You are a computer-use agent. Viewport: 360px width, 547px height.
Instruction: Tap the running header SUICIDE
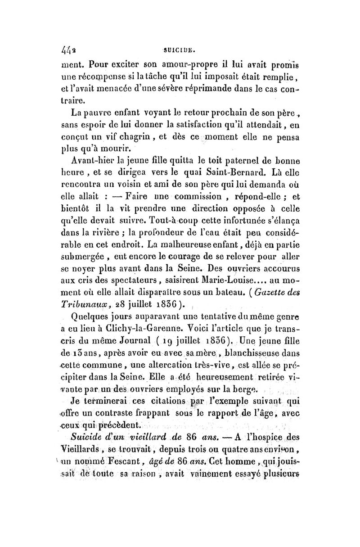(x=180, y=46)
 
